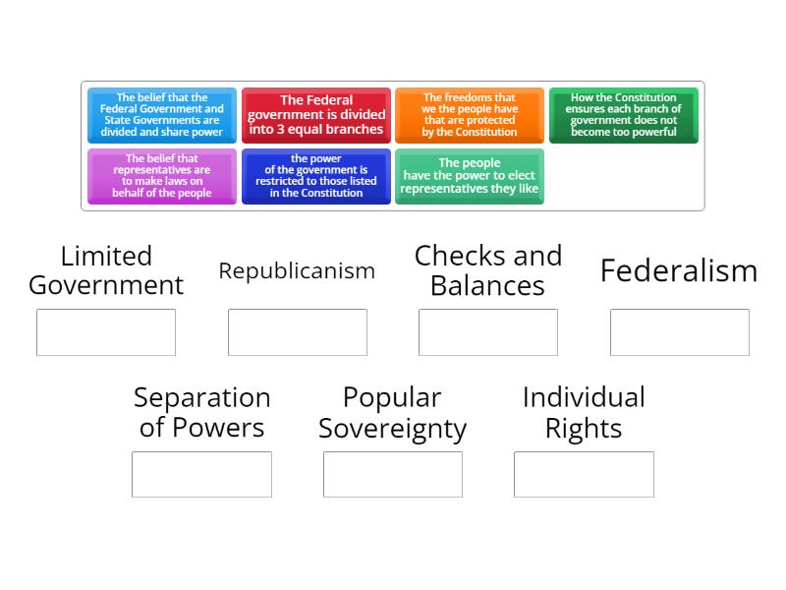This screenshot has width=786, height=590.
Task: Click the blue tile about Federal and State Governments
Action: pos(162,115)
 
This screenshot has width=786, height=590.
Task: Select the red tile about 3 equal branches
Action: pos(316,115)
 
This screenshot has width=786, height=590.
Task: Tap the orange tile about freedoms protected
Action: pos(470,115)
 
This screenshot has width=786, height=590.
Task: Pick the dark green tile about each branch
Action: pos(624,115)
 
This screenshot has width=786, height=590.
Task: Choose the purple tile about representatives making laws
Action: pos(162,176)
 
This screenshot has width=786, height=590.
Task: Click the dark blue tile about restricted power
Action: pos(316,176)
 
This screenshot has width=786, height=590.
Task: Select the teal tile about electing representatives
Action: pos(470,176)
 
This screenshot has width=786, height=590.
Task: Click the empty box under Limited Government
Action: pos(106,332)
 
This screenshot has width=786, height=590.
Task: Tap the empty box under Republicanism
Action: pos(298,332)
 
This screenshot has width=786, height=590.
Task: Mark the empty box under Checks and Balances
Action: pos(488,332)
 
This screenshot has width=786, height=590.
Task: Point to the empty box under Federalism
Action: pos(680,332)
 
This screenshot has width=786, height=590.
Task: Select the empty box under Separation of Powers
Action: pos(202,474)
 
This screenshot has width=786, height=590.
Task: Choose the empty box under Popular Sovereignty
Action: pos(393,474)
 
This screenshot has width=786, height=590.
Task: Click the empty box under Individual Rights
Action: pos(584,474)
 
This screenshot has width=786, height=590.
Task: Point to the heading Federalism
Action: pos(679,271)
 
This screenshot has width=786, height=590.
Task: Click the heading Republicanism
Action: pos(297,271)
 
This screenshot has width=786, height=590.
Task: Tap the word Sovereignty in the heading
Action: pos(393,429)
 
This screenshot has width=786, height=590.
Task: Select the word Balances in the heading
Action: pos(487,286)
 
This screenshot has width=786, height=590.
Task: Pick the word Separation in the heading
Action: pos(202,398)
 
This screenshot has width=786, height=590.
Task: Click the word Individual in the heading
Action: pos(584,397)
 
